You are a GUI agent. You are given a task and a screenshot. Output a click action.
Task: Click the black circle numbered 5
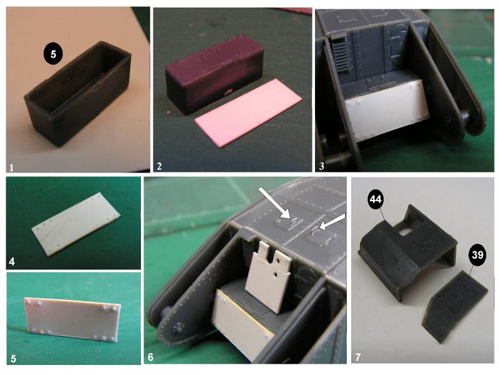(53, 54)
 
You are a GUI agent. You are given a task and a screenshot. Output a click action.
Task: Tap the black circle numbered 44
(375, 199)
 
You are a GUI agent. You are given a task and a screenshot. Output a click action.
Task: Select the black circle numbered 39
(477, 255)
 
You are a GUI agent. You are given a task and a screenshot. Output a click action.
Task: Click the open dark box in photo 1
(78, 92)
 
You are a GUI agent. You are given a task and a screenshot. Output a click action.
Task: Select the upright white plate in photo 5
(72, 319)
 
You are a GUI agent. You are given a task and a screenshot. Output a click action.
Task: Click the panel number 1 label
(11, 167)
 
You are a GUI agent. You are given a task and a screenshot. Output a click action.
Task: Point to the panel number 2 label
(159, 166)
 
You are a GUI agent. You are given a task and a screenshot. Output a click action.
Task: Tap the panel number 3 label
(321, 166)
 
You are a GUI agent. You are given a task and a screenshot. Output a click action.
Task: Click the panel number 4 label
(12, 262)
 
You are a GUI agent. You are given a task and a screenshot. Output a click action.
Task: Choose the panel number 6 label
(150, 357)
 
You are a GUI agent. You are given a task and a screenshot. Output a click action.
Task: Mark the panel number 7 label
(357, 357)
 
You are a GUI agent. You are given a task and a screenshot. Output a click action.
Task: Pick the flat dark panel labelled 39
(455, 306)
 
